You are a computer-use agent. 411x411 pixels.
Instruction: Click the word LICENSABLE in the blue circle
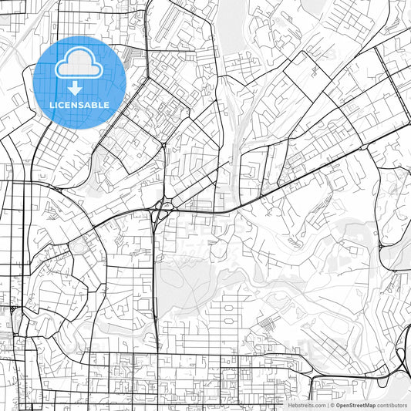79,105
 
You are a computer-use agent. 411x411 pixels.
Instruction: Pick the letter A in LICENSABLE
91,105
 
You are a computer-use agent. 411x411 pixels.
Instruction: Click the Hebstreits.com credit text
306,404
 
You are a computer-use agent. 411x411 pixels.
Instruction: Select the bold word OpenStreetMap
357,404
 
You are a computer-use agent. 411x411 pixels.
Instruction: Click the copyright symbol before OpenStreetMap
332,404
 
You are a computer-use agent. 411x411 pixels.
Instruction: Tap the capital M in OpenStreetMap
369,404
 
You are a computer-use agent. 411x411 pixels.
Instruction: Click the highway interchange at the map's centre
160,209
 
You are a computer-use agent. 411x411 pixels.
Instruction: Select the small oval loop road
79,248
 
